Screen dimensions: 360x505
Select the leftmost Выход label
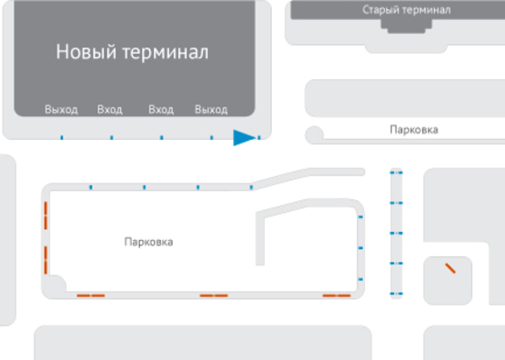tap(61, 110)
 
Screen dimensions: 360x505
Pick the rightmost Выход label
tap(211, 110)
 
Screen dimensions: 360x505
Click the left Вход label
tap(109, 110)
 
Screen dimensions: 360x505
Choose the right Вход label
tap(160, 110)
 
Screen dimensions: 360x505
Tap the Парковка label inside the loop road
tap(148, 242)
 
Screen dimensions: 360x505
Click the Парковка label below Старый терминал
tap(413, 130)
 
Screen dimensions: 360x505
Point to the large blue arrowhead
tap(245, 137)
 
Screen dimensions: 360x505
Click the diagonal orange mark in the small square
tap(449, 268)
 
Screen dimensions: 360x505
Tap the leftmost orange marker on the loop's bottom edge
tap(90, 295)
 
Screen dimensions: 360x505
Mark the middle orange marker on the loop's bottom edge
tap(214, 295)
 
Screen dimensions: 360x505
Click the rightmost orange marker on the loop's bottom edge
tap(337, 295)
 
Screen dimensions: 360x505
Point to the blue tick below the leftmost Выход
tap(61, 138)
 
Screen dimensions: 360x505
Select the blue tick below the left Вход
tap(111, 138)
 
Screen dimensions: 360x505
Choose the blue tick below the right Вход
tap(161, 138)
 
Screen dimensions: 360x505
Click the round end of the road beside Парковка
tap(315, 135)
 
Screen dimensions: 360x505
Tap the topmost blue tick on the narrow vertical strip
tap(395, 172)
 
